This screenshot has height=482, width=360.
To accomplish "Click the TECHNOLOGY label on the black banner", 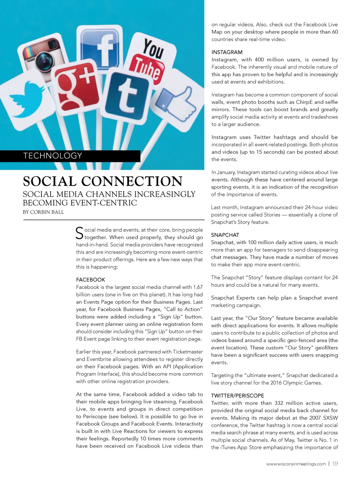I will [x=53, y=156].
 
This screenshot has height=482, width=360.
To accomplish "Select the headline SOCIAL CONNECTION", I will [x=103, y=182].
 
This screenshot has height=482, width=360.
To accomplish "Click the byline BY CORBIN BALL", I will [x=43, y=212].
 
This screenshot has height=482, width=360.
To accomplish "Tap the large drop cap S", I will [x=79, y=233].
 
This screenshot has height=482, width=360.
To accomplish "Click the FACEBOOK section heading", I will [x=90, y=280].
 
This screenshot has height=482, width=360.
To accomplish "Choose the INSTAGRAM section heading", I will [x=227, y=52].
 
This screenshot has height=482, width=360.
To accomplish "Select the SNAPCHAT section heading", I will [x=225, y=235].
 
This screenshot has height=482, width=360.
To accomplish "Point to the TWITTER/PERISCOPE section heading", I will [x=237, y=395].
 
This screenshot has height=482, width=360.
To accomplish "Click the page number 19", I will [x=335, y=464].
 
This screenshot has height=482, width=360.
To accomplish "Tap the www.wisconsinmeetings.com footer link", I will [x=296, y=464].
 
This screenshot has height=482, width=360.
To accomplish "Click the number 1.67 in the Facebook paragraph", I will [x=198, y=287].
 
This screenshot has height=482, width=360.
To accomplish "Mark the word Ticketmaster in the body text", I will [x=185, y=351].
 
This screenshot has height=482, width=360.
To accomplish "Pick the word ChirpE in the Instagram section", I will [x=304, y=102].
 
